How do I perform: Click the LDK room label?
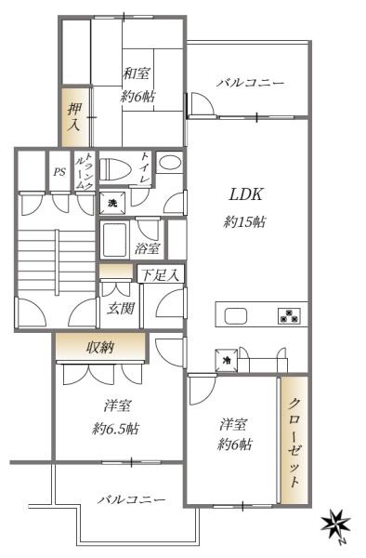[x=246, y=194]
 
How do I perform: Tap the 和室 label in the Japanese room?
[x=137, y=73]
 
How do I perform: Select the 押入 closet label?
[x=74, y=116]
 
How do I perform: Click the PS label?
[x=59, y=172]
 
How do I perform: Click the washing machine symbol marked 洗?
[x=112, y=204]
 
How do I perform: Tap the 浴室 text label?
[x=147, y=248]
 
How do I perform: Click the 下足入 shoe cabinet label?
[x=161, y=274]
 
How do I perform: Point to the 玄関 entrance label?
[x=121, y=308]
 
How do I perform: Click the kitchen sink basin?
[x=235, y=315]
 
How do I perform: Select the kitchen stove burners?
[x=289, y=316]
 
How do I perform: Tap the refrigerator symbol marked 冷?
[x=226, y=360]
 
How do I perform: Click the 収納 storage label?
[x=100, y=347]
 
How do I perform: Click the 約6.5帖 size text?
[x=115, y=429]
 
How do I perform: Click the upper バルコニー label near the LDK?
[x=251, y=83]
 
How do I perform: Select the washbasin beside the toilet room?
[x=170, y=163]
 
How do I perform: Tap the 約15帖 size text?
[x=244, y=222]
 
